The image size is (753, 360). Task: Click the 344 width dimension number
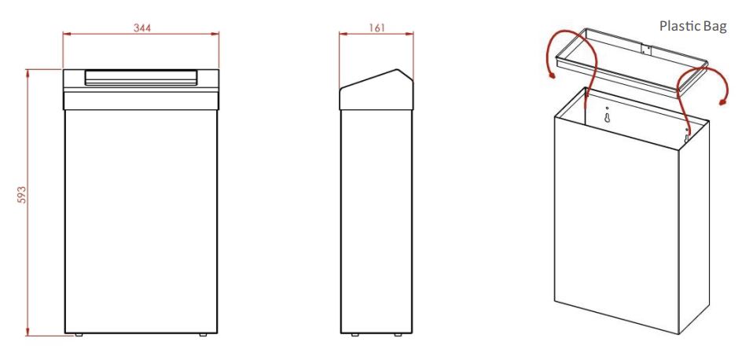142,28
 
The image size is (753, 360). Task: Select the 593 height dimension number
22,195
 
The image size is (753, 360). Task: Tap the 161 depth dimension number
377,28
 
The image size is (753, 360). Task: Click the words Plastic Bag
693,27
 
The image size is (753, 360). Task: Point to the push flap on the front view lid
141,77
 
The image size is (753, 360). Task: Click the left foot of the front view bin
79,335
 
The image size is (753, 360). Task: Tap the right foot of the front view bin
203,335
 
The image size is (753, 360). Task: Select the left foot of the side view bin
354,335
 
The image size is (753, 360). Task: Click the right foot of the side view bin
398,335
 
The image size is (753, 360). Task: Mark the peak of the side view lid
398,70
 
